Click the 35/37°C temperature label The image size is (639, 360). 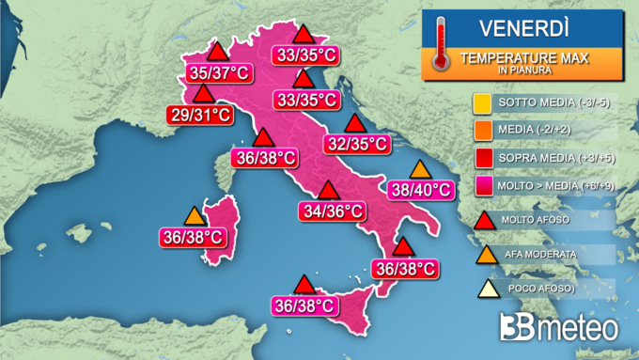pos(211,72)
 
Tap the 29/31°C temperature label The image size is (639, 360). pos(200,115)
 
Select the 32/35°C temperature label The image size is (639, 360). pos(355,144)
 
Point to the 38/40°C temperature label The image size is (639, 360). pos(419,190)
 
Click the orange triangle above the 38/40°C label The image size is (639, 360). pos(420,170)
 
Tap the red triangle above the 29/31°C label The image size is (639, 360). pos(203,94)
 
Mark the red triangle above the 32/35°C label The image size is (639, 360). pos(354,123)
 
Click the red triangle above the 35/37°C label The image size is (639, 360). pos(217,51)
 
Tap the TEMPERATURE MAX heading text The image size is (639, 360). pos(523,58)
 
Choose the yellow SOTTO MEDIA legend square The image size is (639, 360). pos(480,102)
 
